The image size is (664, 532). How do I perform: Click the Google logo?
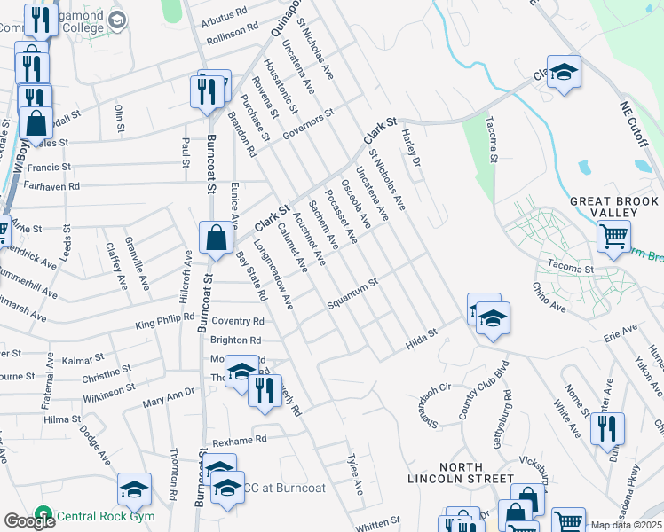click(x=29, y=521)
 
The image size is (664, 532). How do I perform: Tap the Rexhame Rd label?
click(x=238, y=440)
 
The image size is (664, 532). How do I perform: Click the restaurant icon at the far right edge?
click(x=607, y=428)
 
